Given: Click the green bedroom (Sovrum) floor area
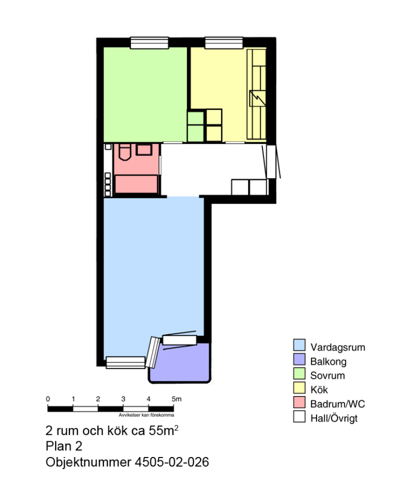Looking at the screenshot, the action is click(145, 94).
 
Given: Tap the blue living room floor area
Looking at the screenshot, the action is click(154, 266).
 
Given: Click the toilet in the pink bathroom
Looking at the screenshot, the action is click(125, 151).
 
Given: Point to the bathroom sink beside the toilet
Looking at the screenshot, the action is click(144, 150).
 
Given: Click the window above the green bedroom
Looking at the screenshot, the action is click(149, 43).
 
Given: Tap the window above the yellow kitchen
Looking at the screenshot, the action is click(224, 43).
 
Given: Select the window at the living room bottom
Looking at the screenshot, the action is click(126, 363).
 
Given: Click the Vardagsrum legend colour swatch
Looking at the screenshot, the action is click(299, 345).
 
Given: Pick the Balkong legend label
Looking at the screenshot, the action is click(328, 361).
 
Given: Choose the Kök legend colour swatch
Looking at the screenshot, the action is click(299, 388).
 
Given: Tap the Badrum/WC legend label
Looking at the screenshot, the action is click(337, 404).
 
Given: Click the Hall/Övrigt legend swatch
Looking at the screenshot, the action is click(299, 417).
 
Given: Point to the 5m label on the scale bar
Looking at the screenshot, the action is click(177, 399).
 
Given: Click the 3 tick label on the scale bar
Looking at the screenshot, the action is click(123, 399).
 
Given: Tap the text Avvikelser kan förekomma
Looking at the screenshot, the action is click(146, 415).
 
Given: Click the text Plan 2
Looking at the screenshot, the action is click(64, 446).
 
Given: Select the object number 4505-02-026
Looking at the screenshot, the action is click(171, 462).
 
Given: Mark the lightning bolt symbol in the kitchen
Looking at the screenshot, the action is click(257, 99).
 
